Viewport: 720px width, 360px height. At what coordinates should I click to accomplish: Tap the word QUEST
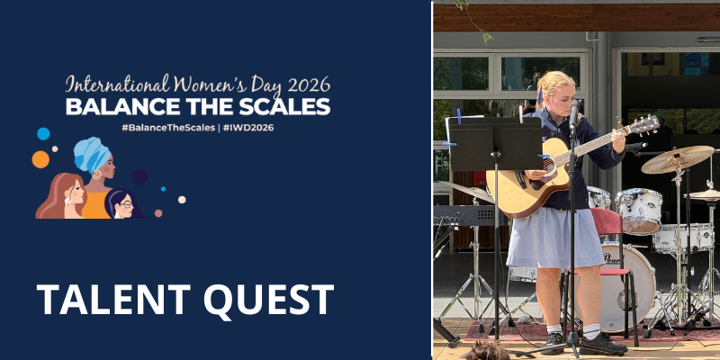pos(268,301)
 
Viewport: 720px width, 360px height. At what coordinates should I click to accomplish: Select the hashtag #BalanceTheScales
pos(168,128)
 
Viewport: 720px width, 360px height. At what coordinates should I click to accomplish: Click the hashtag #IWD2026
pos(248,128)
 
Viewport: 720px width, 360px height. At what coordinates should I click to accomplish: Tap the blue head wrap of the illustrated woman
pos(92,154)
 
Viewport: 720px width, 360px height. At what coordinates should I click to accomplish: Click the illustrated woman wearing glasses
pos(121,204)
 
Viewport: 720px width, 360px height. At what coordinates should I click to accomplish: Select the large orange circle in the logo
pos(40,159)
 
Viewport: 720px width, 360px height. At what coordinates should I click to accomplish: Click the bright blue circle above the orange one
pos(43,133)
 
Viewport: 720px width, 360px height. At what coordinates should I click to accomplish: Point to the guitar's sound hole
pos(548,166)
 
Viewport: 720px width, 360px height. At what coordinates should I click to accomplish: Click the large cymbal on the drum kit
pos(678,159)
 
